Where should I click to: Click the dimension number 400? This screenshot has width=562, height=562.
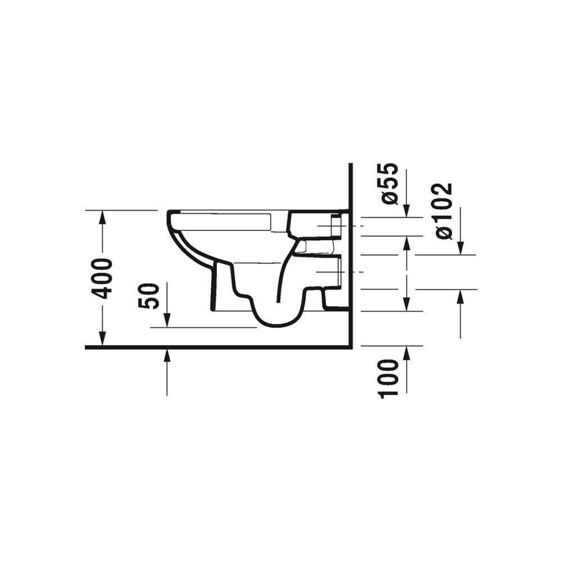102,279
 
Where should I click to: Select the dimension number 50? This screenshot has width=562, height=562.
148,296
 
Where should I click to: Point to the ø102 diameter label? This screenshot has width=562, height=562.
444,211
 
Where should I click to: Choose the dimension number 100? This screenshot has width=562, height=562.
389,379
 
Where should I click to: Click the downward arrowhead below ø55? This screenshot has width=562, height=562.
406,211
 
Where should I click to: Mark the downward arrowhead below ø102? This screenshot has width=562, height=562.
461,248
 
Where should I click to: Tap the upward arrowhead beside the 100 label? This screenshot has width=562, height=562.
406,353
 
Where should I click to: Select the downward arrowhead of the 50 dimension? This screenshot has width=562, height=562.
167,320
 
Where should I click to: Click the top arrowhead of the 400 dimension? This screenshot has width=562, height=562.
102,217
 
